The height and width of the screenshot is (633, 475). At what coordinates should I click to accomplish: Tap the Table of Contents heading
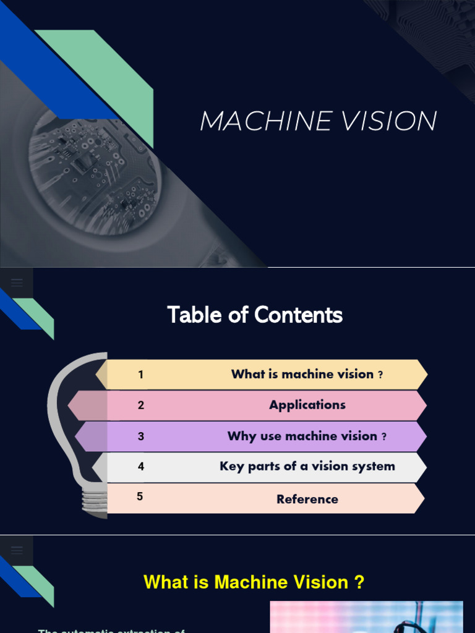(255, 315)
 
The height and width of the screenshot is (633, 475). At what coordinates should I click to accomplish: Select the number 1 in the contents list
(141, 375)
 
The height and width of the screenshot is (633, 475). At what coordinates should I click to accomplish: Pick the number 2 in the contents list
(141, 406)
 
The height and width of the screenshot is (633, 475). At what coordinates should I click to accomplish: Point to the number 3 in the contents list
(141, 436)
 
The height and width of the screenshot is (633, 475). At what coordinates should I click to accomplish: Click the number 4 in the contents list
(141, 467)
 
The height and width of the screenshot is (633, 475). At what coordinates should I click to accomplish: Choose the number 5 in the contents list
(140, 496)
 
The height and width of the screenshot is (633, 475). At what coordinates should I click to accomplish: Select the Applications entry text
(307, 406)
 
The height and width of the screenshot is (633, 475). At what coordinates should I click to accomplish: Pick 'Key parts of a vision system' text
(307, 467)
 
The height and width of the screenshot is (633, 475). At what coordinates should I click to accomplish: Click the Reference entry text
(307, 499)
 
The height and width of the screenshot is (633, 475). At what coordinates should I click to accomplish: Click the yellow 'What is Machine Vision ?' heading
(254, 582)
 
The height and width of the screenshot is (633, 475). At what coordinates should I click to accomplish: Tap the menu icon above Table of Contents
(17, 283)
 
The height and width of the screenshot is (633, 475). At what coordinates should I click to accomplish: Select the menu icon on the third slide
(17, 550)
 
